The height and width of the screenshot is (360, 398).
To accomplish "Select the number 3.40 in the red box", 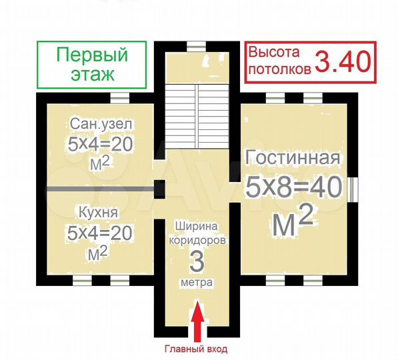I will click(x=342, y=61).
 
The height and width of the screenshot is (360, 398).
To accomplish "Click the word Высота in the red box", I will click(x=275, y=52).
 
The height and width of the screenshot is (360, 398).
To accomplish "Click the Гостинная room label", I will click(x=293, y=159).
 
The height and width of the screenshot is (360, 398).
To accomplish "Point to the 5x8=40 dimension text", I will click(x=294, y=188).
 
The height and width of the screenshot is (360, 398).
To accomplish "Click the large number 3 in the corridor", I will click(x=197, y=262).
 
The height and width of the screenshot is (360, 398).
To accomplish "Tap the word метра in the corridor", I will click(x=197, y=283).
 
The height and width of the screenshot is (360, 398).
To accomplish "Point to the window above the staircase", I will click(x=196, y=46).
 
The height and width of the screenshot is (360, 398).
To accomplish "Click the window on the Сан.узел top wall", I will click(x=120, y=97).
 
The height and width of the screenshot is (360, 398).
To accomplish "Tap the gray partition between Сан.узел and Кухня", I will click(x=100, y=189).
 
